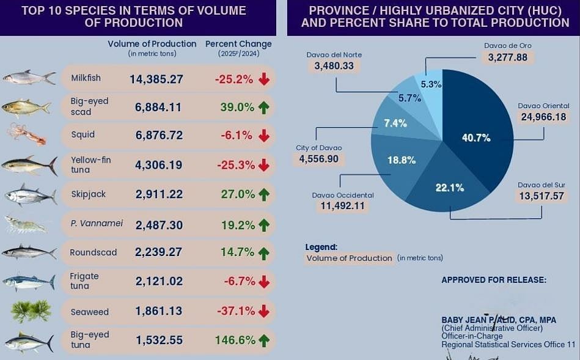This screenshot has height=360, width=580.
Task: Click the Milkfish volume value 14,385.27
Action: [x=156, y=79]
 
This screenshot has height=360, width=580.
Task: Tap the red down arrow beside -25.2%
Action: [x=263, y=79]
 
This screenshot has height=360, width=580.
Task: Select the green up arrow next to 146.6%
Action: [x=263, y=340]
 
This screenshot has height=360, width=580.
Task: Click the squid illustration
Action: [x=27, y=134]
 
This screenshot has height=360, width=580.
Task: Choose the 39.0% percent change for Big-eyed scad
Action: [x=237, y=108]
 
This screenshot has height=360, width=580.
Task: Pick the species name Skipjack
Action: [x=88, y=194]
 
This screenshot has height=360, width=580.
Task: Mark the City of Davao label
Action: [x=318, y=148]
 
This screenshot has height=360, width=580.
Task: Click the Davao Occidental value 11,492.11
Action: [x=342, y=206]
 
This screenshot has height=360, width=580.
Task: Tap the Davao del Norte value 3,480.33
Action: [x=334, y=65]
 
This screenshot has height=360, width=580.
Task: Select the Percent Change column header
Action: [x=238, y=44]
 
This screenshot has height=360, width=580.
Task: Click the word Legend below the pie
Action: [x=321, y=247]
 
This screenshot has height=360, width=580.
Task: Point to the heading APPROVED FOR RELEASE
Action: [x=494, y=280]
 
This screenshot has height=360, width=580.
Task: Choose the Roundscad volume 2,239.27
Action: [x=159, y=252]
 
